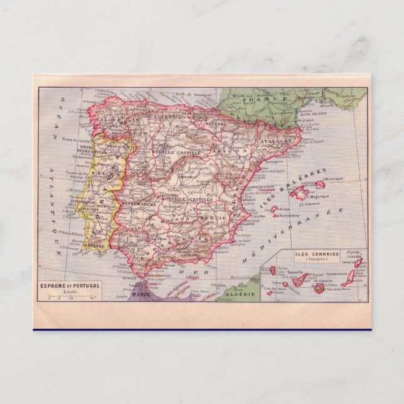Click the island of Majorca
[x=301, y=193]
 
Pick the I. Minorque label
[x=332, y=178]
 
